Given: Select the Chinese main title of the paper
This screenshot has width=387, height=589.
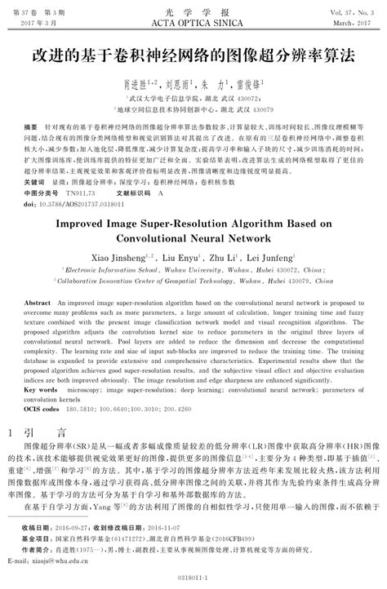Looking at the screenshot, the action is [193, 58].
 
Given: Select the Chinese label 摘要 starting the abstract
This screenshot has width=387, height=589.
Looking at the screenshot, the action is [32, 128].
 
